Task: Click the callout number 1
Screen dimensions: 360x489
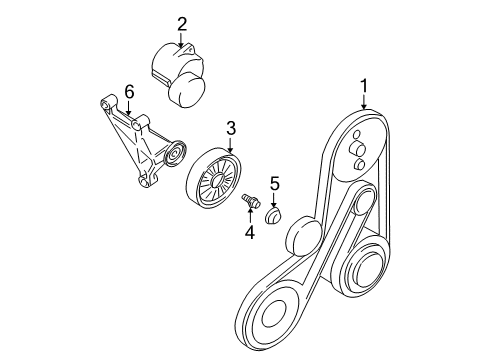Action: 364,86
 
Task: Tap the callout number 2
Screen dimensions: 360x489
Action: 183,24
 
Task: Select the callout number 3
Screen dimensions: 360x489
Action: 230,128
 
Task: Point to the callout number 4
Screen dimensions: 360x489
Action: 250,232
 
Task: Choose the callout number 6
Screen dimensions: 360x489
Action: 128,92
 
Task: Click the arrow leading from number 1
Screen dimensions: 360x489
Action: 364,101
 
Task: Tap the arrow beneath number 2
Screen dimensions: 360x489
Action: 183,41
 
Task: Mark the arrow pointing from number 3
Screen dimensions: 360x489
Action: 230,143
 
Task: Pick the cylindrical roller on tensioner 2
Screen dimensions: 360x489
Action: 189,89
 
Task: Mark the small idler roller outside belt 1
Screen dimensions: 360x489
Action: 301,241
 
